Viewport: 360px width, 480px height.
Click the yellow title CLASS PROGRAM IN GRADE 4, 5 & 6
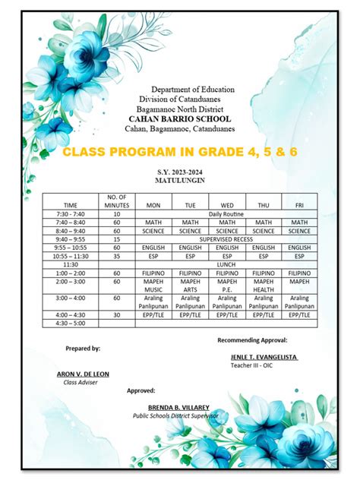pyautogui.click(x=180, y=153)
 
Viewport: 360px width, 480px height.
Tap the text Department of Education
pyautogui.click(x=192, y=90)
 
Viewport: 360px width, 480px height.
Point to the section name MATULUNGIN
pyautogui.click(x=180, y=182)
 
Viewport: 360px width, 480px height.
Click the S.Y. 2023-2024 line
pyautogui.click(x=180, y=174)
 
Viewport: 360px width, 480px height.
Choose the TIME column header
pyautogui.click(x=71, y=205)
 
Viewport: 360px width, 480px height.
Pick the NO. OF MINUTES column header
pyautogui.click(x=116, y=201)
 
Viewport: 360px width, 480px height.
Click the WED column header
pyautogui.click(x=227, y=205)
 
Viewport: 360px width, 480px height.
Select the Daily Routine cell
pyautogui.click(x=226, y=215)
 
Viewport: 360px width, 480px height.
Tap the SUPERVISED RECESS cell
pyautogui.click(x=226, y=239)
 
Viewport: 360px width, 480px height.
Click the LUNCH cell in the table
pyautogui.click(x=226, y=264)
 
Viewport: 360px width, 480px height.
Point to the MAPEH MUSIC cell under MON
pyautogui.click(x=153, y=285)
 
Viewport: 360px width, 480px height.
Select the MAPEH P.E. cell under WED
pyautogui.click(x=227, y=285)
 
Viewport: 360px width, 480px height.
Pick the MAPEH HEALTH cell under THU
pyautogui.click(x=264, y=285)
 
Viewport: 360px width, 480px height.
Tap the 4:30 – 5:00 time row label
pyautogui.click(x=71, y=323)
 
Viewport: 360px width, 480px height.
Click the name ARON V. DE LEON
pyautogui.click(x=84, y=374)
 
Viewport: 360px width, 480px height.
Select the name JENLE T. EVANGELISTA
pyautogui.click(x=264, y=357)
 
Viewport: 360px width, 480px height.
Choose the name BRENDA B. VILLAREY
pyautogui.click(x=179, y=408)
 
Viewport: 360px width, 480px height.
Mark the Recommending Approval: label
pyautogui.click(x=252, y=340)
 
